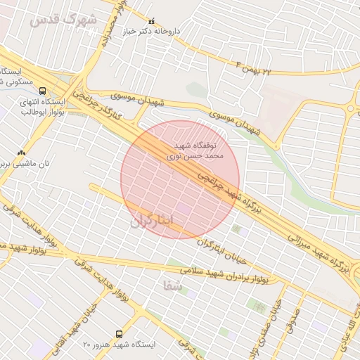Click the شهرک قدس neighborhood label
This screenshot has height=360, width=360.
[x=63, y=19]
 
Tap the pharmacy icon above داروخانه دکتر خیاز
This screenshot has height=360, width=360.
[x=150, y=21]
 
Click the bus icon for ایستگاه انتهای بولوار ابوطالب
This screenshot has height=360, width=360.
[x=44, y=91]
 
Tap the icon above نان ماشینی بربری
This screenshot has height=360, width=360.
[x=21, y=152]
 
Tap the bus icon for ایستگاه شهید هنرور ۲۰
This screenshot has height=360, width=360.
[x=118, y=334]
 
